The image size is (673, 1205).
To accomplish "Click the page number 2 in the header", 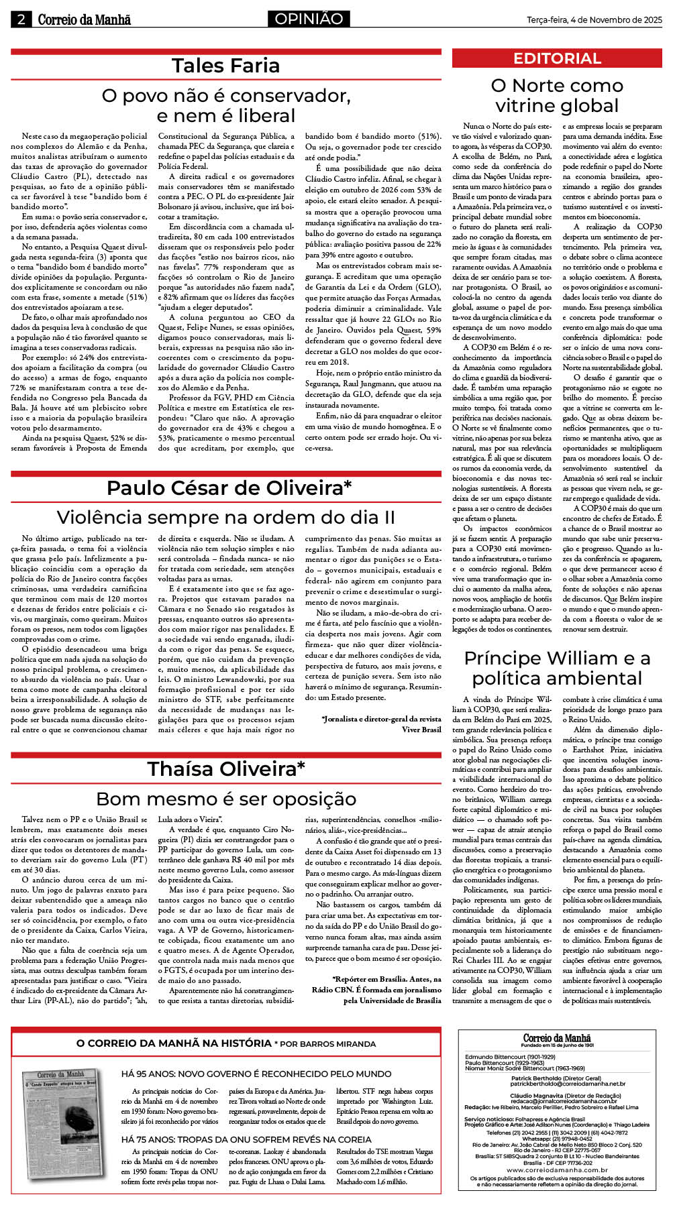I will click(x=21, y=19).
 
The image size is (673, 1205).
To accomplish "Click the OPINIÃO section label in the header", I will click(x=309, y=19).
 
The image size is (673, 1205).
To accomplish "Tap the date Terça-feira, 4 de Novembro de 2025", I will click(x=594, y=20).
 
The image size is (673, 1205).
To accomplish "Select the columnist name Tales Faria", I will click(x=225, y=66).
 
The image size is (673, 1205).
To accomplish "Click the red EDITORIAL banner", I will click(x=557, y=58).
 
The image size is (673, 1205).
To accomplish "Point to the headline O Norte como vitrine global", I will click(x=557, y=95).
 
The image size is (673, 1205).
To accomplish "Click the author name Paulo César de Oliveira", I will click(x=229, y=487).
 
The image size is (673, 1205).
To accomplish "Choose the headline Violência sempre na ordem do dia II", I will click(x=225, y=517).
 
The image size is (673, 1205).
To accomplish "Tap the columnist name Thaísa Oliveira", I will click(x=226, y=768).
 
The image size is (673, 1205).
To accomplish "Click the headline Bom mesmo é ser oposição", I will click(x=225, y=799).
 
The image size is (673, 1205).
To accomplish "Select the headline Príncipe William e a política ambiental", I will click(x=557, y=667).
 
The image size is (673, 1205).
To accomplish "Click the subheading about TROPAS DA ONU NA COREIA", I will click(x=246, y=1139).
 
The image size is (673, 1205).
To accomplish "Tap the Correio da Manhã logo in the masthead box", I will click(x=557, y=1037).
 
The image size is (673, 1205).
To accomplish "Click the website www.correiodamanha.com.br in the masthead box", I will click(x=557, y=1169).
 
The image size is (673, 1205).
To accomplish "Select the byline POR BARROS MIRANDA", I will click(x=325, y=1043).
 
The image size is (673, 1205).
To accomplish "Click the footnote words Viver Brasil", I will click(x=421, y=729).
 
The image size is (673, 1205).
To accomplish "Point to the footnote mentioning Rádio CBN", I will click(x=376, y=990).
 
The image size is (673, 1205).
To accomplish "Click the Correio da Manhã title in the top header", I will click(x=84, y=19).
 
